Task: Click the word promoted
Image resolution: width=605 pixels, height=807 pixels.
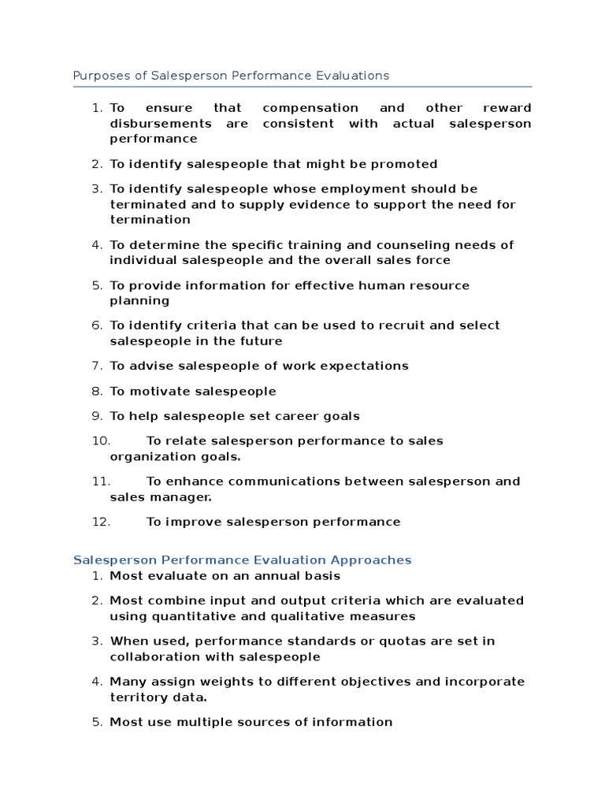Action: click(x=402, y=164)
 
